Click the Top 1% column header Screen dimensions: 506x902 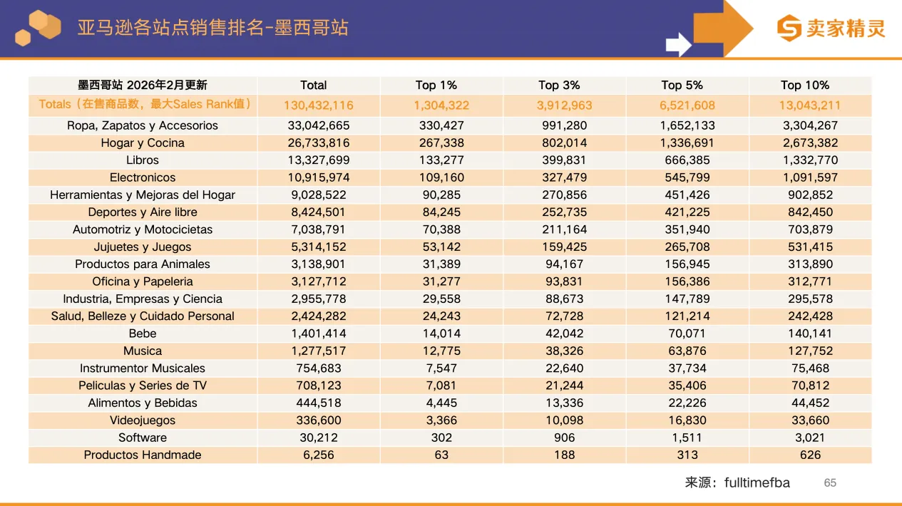(436, 86)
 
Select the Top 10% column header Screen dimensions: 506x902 (805, 86)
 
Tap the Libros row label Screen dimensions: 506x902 (143, 160)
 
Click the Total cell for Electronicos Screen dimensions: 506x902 (319, 177)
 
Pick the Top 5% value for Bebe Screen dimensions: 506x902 (687, 334)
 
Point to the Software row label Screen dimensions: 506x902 (143, 438)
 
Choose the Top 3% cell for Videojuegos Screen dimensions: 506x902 (564, 420)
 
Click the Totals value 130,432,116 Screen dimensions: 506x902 (319, 105)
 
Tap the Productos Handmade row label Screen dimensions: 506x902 (143, 455)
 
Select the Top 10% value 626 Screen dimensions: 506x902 (810, 455)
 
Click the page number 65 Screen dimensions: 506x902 (830, 483)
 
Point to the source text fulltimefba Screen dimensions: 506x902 (757, 483)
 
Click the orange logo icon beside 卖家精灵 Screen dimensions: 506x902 (789, 29)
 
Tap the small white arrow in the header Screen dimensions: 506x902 (678, 45)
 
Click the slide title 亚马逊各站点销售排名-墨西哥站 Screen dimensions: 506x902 (212, 28)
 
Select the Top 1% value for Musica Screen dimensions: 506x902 (441, 351)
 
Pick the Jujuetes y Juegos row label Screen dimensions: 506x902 (143, 247)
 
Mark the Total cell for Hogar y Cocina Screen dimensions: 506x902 (319, 143)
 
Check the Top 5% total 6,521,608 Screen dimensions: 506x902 (687, 105)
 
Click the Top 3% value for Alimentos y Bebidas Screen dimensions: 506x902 (564, 403)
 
